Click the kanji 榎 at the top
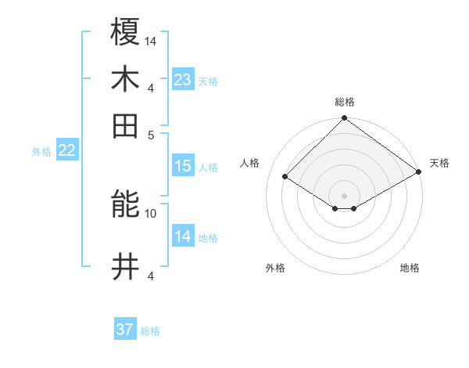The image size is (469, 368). point(126,33)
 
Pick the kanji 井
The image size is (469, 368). point(126,266)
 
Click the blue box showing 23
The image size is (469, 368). point(183,80)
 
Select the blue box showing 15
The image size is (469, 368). point(183,166)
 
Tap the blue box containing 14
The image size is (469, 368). point(183,236)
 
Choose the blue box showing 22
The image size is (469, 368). point(66,151)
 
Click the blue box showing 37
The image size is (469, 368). point(125,330)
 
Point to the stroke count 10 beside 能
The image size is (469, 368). point(151,213)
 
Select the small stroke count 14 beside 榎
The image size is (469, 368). point(151,41)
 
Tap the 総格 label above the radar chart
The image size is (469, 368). point(345,102)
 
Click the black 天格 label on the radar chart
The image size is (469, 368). point(439,163)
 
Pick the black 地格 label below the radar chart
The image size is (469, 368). point(410,268)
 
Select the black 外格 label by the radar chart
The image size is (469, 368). point(275,268)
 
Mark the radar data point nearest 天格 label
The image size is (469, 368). point(419,171)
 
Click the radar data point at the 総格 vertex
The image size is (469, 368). point(345,120)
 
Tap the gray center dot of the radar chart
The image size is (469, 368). point(345,195)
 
